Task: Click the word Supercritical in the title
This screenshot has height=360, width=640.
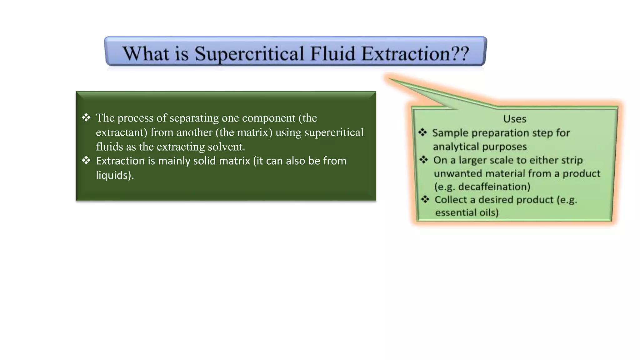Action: (x=249, y=54)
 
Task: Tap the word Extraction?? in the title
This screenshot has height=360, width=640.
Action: (x=415, y=53)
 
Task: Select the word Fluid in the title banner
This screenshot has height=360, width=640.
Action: (x=333, y=53)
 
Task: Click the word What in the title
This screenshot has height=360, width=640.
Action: (x=146, y=53)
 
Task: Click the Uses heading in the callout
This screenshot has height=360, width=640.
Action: (x=514, y=119)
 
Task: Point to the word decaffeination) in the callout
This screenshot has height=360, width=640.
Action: (x=494, y=187)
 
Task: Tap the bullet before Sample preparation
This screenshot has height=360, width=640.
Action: (x=422, y=132)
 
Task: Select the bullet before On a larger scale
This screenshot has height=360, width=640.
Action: (x=424, y=160)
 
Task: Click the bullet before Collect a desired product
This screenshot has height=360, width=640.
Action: (x=425, y=199)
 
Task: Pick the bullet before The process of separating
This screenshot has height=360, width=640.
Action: (x=86, y=118)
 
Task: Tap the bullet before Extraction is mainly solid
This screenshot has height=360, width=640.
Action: (x=86, y=161)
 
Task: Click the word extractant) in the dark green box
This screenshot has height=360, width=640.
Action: (x=121, y=132)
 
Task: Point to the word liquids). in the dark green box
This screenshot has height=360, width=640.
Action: (x=115, y=175)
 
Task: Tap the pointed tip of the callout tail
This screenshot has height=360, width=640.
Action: (x=388, y=78)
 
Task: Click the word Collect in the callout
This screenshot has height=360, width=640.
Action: (x=450, y=200)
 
